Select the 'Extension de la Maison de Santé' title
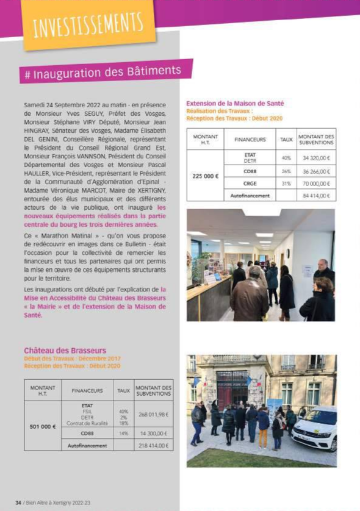[x=235, y=104]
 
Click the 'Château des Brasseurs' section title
[x=65, y=351]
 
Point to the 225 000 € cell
[x=206, y=176]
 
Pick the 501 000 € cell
[x=43, y=427]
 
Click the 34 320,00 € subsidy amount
[x=316, y=157]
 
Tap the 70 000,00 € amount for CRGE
[x=316, y=183]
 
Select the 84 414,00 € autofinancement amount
[x=316, y=196]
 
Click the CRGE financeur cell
[x=250, y=183]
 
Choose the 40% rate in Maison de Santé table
[x=286, y=157]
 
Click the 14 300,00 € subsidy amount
[x=153, y=434]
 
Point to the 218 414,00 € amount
[x=153, y=446]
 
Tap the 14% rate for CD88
[x=124, y=434]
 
